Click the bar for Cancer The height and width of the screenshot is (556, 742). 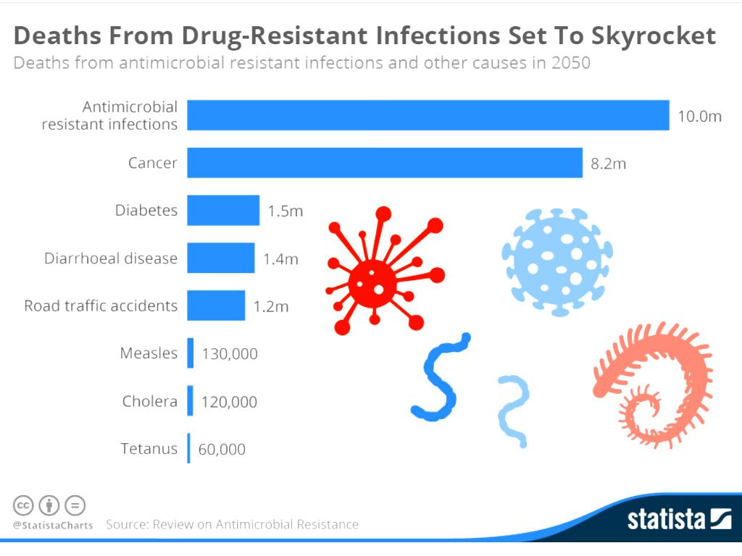pos(385,163)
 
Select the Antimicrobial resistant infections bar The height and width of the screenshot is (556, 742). pos(428,115)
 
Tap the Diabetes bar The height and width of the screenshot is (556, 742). pos(223,211)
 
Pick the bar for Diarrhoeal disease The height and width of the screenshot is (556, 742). pos(221,258)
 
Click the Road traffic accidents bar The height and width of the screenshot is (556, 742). pos(216,306)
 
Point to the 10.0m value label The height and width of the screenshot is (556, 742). pos(699,116)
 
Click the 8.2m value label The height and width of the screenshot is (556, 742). pos(608,164)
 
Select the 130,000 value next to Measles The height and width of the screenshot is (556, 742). pos(230,354)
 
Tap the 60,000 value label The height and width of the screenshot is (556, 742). pos(222,450)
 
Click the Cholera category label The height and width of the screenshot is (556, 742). pos(149,401)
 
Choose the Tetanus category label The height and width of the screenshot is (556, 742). pos(149,449)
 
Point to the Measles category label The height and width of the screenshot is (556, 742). pos(149,353)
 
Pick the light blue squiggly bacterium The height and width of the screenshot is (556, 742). pos(512,409)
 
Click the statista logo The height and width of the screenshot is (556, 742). pos(678,519)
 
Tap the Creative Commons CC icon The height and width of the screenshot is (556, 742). pos(24,505)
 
